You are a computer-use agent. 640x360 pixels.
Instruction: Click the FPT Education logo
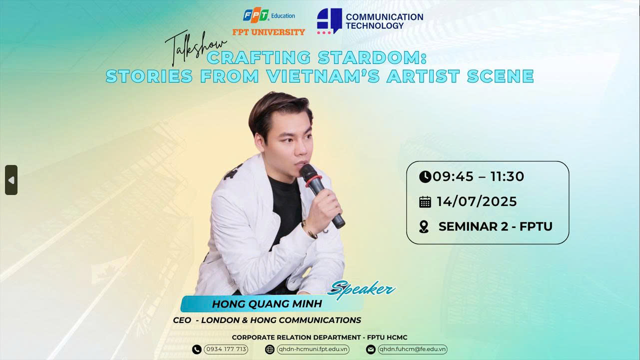[269, 15]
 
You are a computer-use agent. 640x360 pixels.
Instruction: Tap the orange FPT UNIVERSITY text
[269, 32]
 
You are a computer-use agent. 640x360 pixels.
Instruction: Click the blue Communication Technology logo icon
[329, 21]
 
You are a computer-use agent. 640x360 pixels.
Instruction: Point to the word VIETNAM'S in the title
[323, 76]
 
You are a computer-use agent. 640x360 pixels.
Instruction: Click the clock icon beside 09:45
[425, 176]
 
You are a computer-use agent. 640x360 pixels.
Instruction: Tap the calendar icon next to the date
[425, 202]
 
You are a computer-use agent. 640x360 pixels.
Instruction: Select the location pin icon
[424, 227]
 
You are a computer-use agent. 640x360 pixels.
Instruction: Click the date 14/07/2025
[477, 201]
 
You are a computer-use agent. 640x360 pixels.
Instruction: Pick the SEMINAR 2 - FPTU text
[496, 226]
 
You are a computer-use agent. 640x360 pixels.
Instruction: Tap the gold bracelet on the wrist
[309, 230]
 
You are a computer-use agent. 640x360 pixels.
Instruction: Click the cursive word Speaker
[362, 289]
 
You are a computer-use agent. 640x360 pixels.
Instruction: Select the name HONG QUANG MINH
[267, 304]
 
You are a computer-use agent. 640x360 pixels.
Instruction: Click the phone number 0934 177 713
[226, 349]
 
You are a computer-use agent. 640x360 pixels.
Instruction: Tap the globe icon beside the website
[269, 349]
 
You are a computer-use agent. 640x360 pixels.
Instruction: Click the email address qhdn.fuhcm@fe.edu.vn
[412, 349]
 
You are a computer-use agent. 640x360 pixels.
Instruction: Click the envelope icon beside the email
[371, 349]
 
